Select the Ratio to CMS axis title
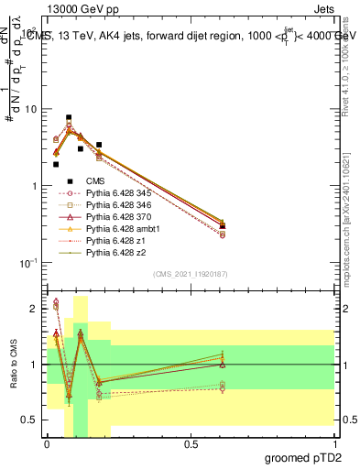pyautogui.click(x=12, y=365)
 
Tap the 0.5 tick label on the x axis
pyautogui.click(x=191, y=444)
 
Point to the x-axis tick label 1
pyautogui.click(x=334, y=444)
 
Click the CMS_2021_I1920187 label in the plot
pyautogui.click(x=191, y=274)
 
